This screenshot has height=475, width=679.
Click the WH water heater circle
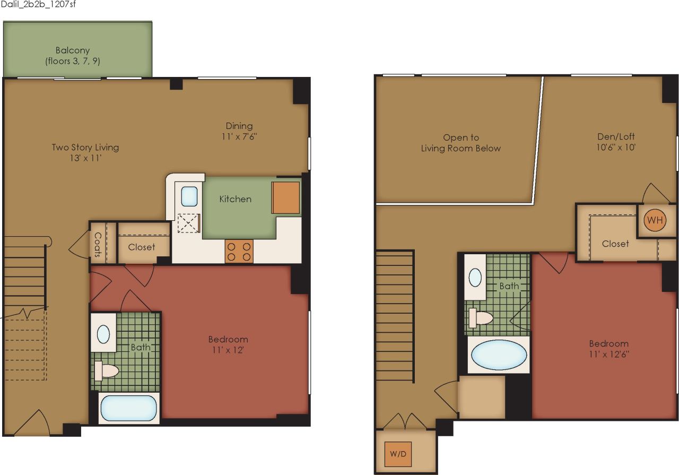tap(655, 221)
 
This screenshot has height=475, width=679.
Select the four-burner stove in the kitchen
tap(239, 251)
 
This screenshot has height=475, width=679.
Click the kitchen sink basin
tap(189, 196)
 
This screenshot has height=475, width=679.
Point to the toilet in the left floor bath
tap(107, 370)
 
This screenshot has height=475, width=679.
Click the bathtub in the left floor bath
tap(129, 408)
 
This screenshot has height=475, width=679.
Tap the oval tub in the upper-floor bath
tap(499, 355)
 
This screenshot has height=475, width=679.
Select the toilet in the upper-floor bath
tap(481, 317)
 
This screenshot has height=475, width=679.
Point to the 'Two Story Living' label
tap(85, 148)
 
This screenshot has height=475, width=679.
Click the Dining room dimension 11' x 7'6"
tap(239, 136)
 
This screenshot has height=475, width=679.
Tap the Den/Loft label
tap(616, 136)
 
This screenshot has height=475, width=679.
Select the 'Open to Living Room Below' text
tap(461, 143)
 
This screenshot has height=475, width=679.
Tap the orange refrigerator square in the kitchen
tap(286, 197)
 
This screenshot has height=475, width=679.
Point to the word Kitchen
tap(236, 199)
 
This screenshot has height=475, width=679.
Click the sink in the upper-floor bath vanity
tap(475, 278)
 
